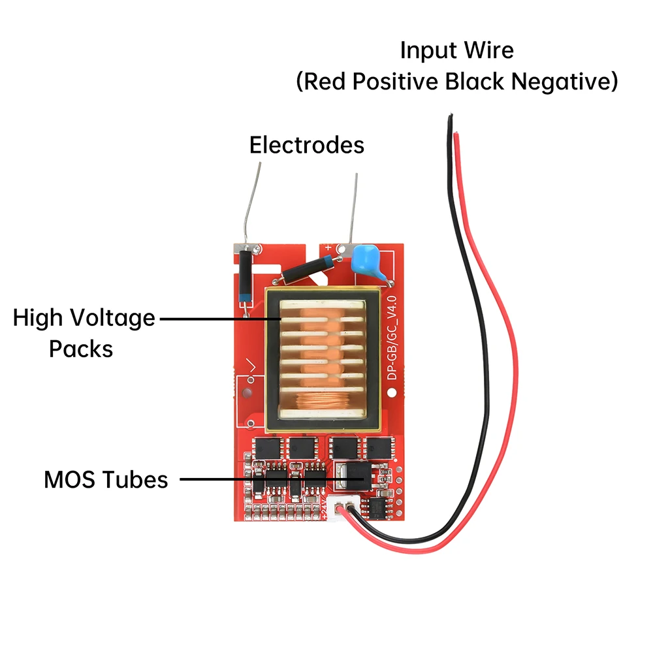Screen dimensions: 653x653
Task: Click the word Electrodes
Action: click(x=306, y=144)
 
